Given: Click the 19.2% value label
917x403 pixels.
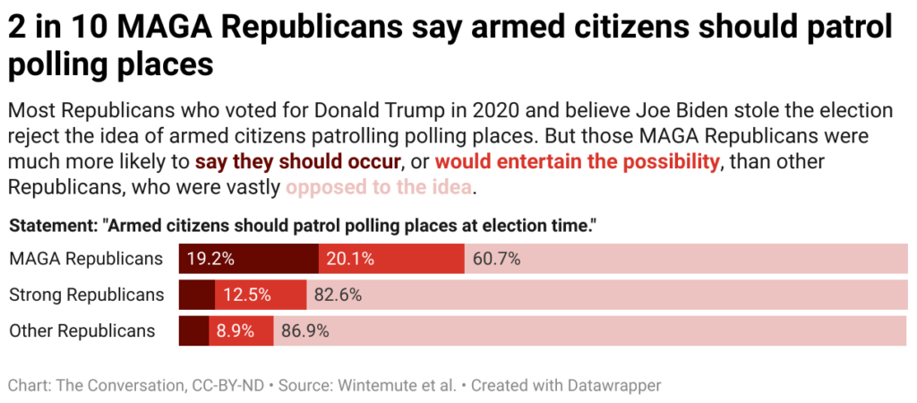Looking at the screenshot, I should (210, 259).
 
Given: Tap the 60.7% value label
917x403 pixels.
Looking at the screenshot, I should (497, 259).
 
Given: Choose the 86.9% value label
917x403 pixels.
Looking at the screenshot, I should (305, 330).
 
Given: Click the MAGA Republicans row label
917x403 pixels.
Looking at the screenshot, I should (86, 259).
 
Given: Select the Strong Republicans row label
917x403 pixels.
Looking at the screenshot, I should (87, 295).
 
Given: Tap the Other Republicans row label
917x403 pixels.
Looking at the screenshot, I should (82, 330).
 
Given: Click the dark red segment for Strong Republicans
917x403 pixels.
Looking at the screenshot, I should (197, 295).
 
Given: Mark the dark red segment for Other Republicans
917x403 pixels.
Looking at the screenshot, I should (193, 330).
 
